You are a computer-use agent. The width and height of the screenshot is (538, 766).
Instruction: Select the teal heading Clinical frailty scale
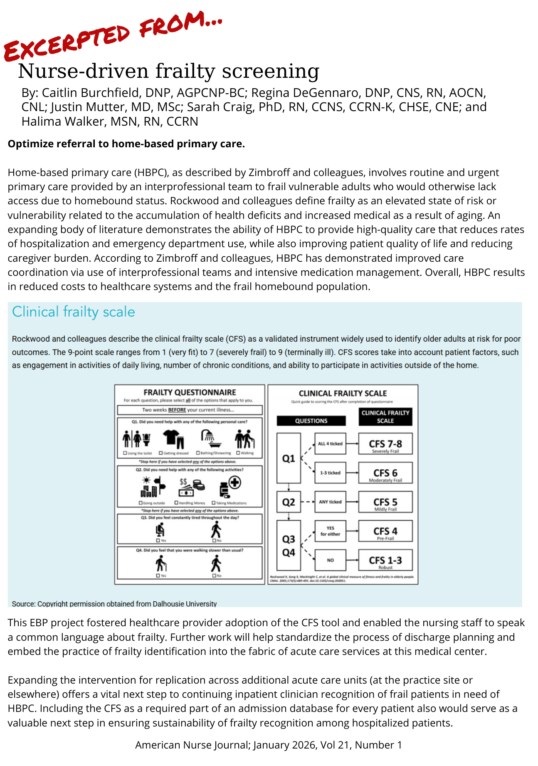click(x=74, y=312)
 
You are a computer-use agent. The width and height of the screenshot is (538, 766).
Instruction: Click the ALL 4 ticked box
click(x=330, y=444)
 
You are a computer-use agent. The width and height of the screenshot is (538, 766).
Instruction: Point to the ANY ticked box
click(x=330, y=502)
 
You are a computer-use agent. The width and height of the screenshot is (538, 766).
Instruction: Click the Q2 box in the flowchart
click(x=289, y=502)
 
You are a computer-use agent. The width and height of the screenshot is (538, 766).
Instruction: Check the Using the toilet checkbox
click(x=125, y=453)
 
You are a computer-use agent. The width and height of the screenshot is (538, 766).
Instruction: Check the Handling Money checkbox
click(x=176, y=503)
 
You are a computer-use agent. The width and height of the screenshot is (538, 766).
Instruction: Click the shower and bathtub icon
click(x=211, y=439)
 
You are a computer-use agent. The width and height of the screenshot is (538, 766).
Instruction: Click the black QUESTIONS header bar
click(x=311, y=421)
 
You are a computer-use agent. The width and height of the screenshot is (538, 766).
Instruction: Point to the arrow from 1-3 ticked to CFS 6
click(x=352, y=473)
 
